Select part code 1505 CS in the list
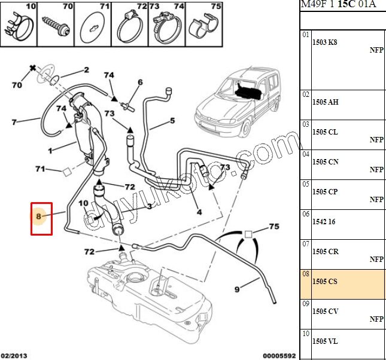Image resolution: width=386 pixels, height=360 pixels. click(325, 281)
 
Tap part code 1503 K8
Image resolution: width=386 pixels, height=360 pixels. click(325, 43)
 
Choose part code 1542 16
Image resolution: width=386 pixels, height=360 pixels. click(324, 222)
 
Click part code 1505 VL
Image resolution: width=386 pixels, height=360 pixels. click(325, 341)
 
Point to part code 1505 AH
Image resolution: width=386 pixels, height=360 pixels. click(325, 102)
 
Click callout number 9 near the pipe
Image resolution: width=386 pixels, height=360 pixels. click(237, 289)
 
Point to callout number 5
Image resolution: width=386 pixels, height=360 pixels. click(172, 120)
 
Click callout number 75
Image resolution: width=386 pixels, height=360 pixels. click(274, 227)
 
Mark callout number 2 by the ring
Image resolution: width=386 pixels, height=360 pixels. click(86, 70)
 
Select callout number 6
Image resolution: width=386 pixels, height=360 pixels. click(140, 83)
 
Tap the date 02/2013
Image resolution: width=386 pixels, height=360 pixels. click(14, 355)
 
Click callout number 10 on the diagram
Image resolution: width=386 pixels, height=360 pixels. click(83, 203)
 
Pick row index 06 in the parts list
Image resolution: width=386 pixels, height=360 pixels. click(305, 214)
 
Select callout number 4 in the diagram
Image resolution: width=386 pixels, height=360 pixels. click(199, 212)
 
